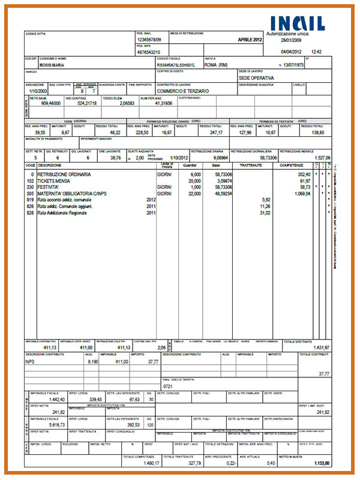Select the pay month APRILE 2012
coord(250,40)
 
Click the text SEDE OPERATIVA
coord(256,78)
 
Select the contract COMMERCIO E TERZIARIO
coord(183,91)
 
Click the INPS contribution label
coord(31,362)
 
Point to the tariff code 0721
coord(168,387)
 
